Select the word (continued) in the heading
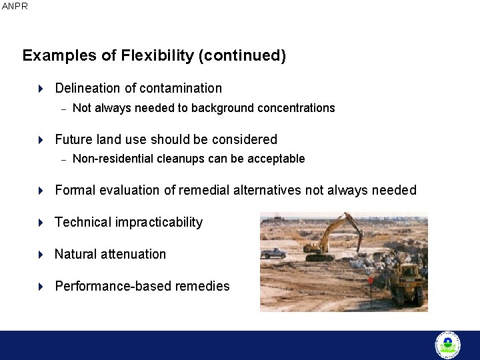click(x=242, y=55)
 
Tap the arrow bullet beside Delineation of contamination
click(x=41, y=88)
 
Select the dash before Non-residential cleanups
click(x=64, y=159)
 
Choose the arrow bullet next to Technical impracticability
click(x=41, y=222)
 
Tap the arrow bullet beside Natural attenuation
click(x=41, y=254)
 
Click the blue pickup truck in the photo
click(x=273, y=253)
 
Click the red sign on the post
click(x=371, y=281)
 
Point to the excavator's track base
click(x=319, y=257)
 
